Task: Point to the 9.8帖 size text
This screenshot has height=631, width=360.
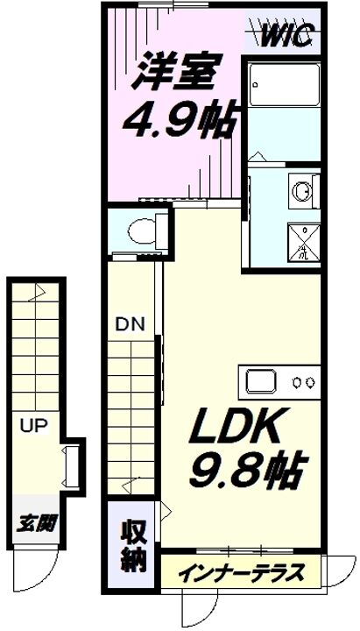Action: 247,473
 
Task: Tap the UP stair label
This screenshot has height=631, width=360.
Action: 33,428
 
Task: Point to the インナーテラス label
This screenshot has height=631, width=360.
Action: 242,574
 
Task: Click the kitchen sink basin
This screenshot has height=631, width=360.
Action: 263,381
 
